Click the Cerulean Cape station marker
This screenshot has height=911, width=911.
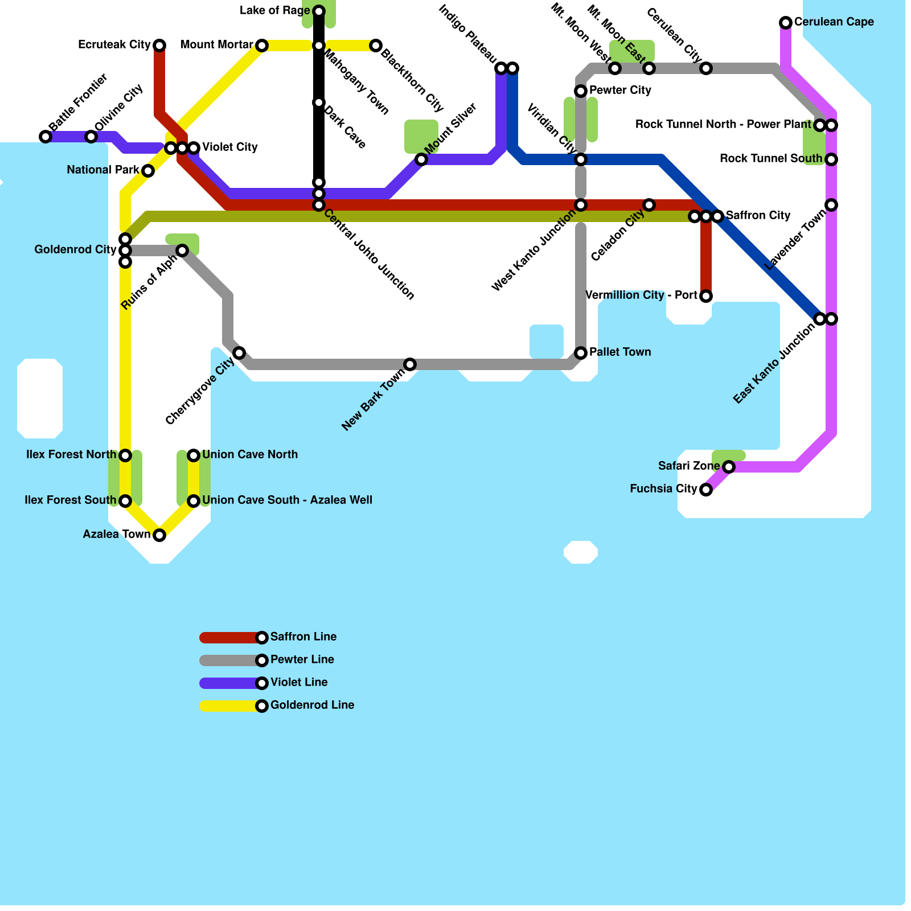pyautogui.click(x=786, y=23)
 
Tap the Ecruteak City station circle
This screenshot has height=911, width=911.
pyautogui.click(x=159, y=46)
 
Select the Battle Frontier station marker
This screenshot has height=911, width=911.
pyautogui.click(x=46, y=137)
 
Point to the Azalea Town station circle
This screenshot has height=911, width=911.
pyautogui.click(x=159, y=535)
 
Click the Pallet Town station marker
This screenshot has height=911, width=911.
pyautogui.click(x=581, y=353)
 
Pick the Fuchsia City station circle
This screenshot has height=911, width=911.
pyautogui.click(x=706, y=490)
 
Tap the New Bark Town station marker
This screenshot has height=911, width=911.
pyautogui.click(x=410, y=364)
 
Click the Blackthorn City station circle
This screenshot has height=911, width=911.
pyautogui.click(x=376, y=46)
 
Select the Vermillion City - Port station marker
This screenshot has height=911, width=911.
pyautogui.click(x=706, y=296)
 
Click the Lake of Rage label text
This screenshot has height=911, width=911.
pyautogui.click(x=274, y=11)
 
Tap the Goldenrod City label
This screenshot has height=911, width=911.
pyautogui.click(x=75, y=250)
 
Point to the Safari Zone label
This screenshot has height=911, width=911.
pyautogui.click(x=689, y=466)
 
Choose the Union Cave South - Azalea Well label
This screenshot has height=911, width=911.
pyautogui.click(x=287, y=500)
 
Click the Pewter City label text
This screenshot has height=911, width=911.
pyautogui.click(x=620, y=91)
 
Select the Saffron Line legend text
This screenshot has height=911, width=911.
pyautogui.click(x=303, y=637)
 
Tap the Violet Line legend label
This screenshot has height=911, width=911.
pyautogui.click(x=299, y=683)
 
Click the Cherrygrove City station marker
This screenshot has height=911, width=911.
pyautogui.click(x=239, y=353)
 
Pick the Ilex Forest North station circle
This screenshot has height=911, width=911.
pyautogui.click(x=125, y=455)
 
